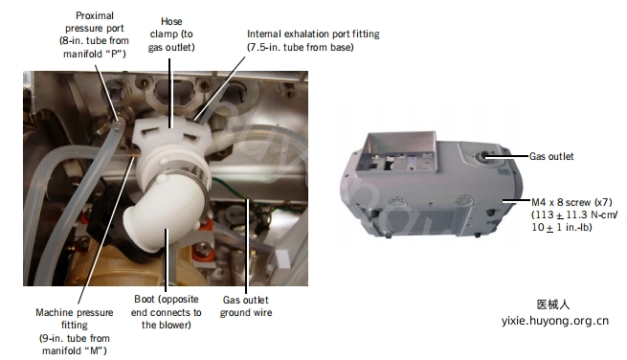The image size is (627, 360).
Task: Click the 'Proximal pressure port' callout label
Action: tap(95, 34)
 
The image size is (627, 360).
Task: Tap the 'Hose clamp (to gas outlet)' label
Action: tap(171, 34)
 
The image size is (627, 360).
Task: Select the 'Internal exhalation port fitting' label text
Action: tap(313, 34)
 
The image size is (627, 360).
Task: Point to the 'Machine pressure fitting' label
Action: tap(75, 331)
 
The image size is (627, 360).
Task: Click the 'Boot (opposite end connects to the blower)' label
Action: tap(166, 312)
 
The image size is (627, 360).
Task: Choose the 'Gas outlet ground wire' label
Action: tap(245, 306)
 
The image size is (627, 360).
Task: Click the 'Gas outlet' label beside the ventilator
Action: tap(551, 156)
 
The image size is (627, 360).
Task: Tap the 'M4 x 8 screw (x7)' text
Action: tap(571, 202)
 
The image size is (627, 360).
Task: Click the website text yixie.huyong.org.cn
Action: tap(555, 321)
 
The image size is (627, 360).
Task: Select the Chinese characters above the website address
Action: tap(553, 304)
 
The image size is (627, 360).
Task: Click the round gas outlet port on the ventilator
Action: tap(485, 155)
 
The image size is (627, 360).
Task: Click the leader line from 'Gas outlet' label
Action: tap(507, 156)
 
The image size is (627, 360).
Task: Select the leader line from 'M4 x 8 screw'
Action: tap(516, 200)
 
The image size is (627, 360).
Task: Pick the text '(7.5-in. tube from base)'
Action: tap(301, 47)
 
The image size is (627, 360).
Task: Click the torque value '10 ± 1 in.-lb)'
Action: tap(561, 227)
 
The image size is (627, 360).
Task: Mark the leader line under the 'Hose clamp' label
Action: tap(169, 93)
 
